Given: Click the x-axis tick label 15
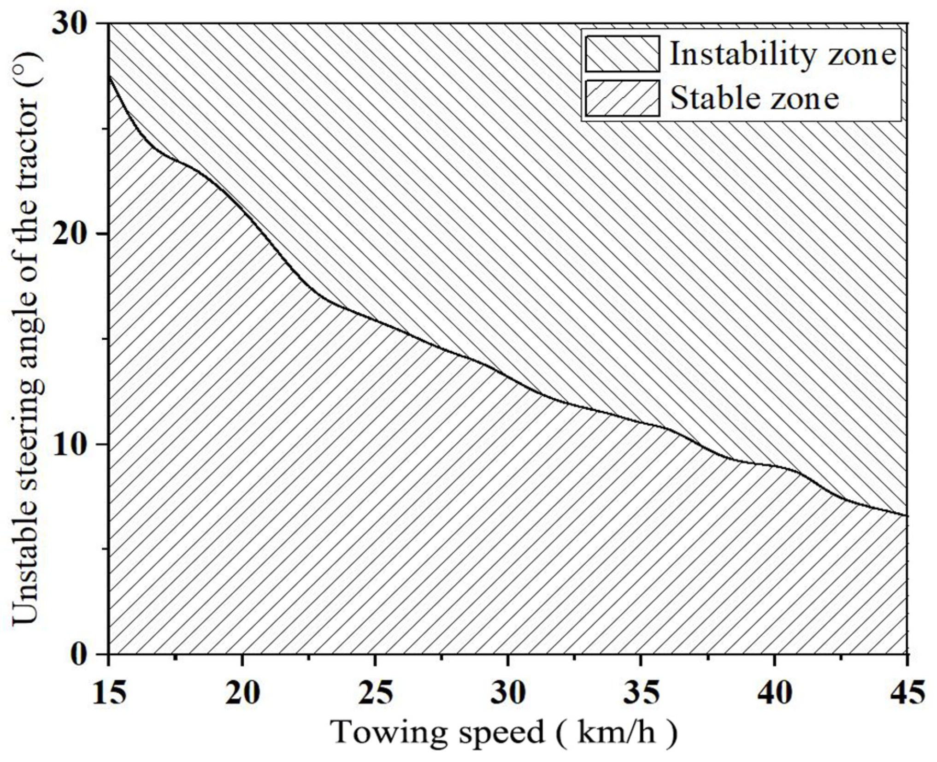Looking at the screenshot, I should (109, 693).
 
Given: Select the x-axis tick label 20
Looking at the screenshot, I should (242, 693).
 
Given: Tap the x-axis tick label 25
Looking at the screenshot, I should (376, 693).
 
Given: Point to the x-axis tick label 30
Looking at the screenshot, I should (508, 693).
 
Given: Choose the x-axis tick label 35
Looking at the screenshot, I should (641, 693).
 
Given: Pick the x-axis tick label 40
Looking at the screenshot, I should (774, 693).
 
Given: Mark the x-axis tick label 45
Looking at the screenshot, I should (907, 693).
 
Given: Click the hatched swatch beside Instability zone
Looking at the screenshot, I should (622, 54).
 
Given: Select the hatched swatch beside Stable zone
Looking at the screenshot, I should (622, 98).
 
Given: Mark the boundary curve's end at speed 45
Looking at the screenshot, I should (907, 515).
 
